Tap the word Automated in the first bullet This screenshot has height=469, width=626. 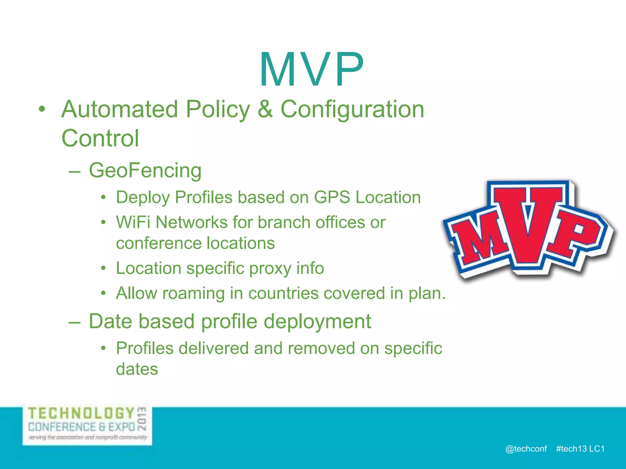[x=120, y=109]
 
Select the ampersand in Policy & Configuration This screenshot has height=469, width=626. [x=265, y=109]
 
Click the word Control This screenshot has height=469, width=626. [x=100, y=138]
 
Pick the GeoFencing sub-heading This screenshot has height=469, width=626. [x=145, y=170]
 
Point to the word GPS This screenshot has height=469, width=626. [x=332, y=197]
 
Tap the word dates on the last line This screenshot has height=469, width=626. [x=137, y=369]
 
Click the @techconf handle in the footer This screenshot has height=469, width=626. [x=526, y=449]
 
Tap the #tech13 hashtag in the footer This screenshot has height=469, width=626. [x=571, y=449]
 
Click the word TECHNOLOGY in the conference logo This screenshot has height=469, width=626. [x=81, y=413]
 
